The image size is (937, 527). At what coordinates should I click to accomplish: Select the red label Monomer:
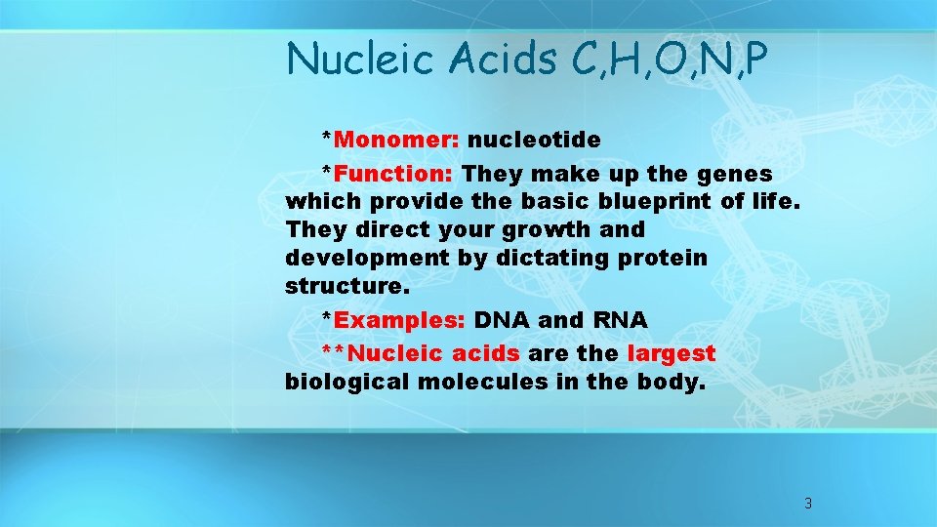pos(396,140)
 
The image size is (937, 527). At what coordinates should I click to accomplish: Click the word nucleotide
pos(540,140)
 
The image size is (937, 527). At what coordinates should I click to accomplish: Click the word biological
pos(347,382)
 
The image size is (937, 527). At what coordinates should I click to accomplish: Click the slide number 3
pos(807,504)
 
